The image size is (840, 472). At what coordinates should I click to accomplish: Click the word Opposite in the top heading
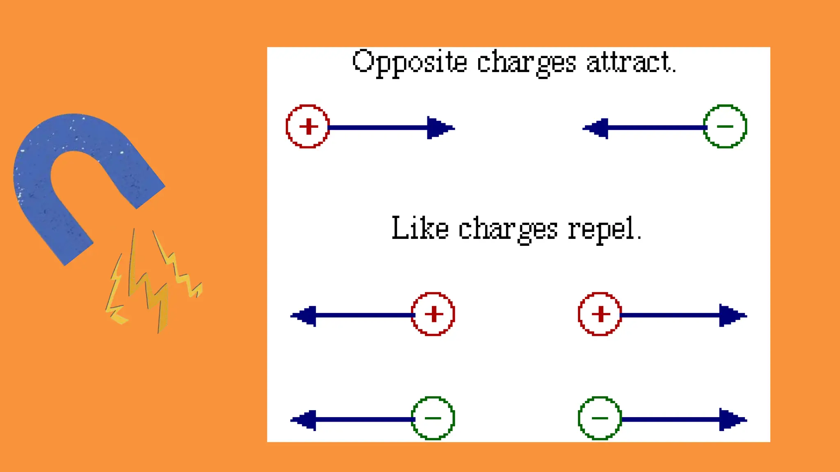click(409, 63)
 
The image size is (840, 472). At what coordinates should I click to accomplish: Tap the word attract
click(630, 62)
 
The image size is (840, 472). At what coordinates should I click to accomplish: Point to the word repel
click(604, 229)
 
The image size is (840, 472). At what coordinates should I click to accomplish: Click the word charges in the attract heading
click(526, 64)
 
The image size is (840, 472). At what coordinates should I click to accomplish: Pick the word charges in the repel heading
click(508, 230)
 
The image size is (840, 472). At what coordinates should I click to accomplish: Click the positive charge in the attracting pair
click(308, 126)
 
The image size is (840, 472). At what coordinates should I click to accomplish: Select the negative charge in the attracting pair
click(725, 126)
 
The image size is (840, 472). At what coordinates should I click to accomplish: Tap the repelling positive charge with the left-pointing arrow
click(433, 314)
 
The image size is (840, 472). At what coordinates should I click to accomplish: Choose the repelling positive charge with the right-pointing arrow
click(600, 314)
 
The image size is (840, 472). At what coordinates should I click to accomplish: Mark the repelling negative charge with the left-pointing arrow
click(433, 418)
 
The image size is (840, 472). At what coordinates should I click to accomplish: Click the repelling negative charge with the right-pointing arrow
click(600, 418)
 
